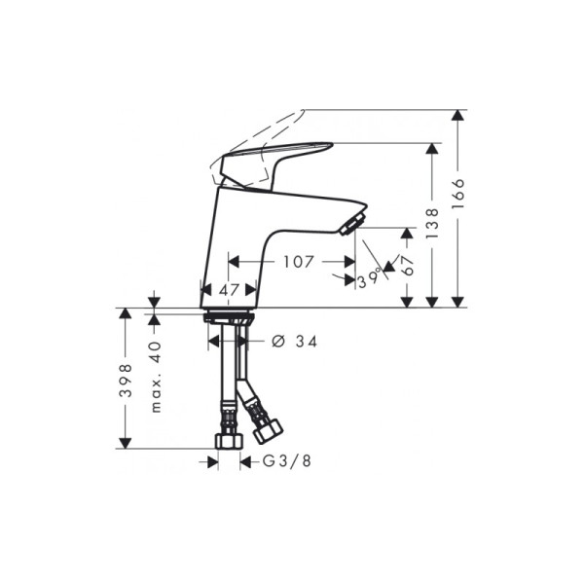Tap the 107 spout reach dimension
point(298,262)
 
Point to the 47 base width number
point(229,290)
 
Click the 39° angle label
point(369,279)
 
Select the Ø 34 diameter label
point(293,341)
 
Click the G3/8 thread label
point(281,463)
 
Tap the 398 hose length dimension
point(126,382)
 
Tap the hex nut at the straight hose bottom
point(228,441)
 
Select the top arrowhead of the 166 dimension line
point(457,116)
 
